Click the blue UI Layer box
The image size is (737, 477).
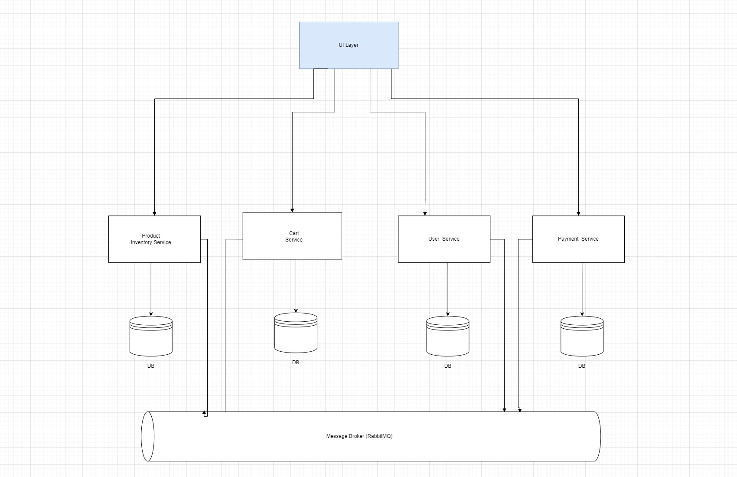click(349, 45)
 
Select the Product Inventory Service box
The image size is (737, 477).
click(154, 239)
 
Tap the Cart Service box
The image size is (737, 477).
click(292, 236)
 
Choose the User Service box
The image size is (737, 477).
click(444, 239)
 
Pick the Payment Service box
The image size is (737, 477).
click(578, 239)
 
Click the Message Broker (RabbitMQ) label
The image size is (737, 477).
click(359, 436)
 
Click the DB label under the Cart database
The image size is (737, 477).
click(296, 363)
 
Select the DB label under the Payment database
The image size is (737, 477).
click(582, 366)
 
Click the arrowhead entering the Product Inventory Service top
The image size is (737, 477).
click(154, 213)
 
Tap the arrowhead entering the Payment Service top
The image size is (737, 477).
click(578, 213)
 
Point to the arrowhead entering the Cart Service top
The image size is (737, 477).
click(292, 210)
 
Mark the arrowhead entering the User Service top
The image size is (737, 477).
click(425, 213)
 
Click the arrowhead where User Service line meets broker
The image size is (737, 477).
click(504, 409)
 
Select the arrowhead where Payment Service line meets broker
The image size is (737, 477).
click(520, 410)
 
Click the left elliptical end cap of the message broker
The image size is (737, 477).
click(148, 436)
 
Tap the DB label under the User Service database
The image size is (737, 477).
click(448, 366)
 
